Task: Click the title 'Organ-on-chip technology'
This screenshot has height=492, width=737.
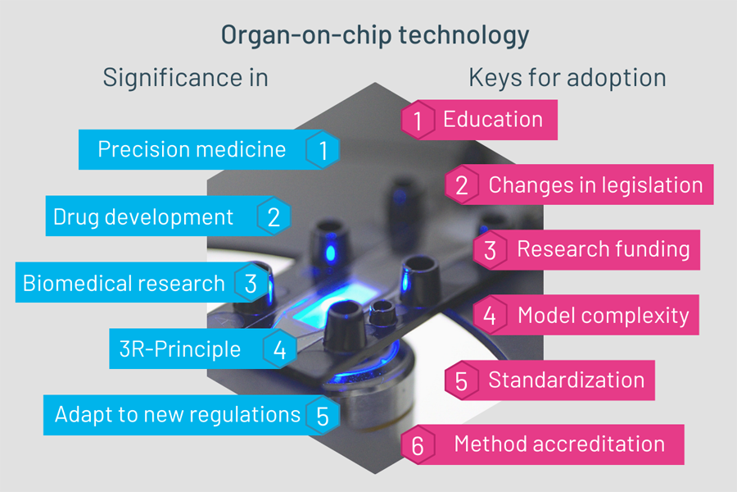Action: coord(375,36)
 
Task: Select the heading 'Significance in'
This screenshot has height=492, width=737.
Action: coord(186,78)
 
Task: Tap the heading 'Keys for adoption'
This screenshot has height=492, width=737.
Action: coord(567,78)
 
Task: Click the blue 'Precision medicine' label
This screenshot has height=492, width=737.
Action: coord(192,150)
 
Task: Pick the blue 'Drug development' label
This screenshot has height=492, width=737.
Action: coord(142,217)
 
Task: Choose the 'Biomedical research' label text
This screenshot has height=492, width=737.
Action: coord(124,284)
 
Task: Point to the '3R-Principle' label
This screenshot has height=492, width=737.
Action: coord(180,349)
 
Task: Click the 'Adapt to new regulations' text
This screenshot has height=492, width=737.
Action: coord(177,415)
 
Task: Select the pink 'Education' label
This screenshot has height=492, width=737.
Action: coord(493,119)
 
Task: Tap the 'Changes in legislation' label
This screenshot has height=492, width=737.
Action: coord(595,185)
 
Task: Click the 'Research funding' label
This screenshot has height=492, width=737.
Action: coord(604,249)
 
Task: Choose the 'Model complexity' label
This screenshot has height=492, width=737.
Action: coord(603,316)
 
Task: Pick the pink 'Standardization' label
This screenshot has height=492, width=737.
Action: coord(567,380)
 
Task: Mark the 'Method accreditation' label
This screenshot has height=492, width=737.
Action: coord(559,444)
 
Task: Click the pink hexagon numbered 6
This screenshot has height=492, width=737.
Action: coord(418,445)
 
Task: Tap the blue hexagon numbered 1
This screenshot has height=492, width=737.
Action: coord(323,150)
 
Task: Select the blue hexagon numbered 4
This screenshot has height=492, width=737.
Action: coord(280,348)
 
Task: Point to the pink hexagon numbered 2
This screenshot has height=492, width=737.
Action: coord(462,184)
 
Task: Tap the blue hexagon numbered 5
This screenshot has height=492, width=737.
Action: coord(323,415)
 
